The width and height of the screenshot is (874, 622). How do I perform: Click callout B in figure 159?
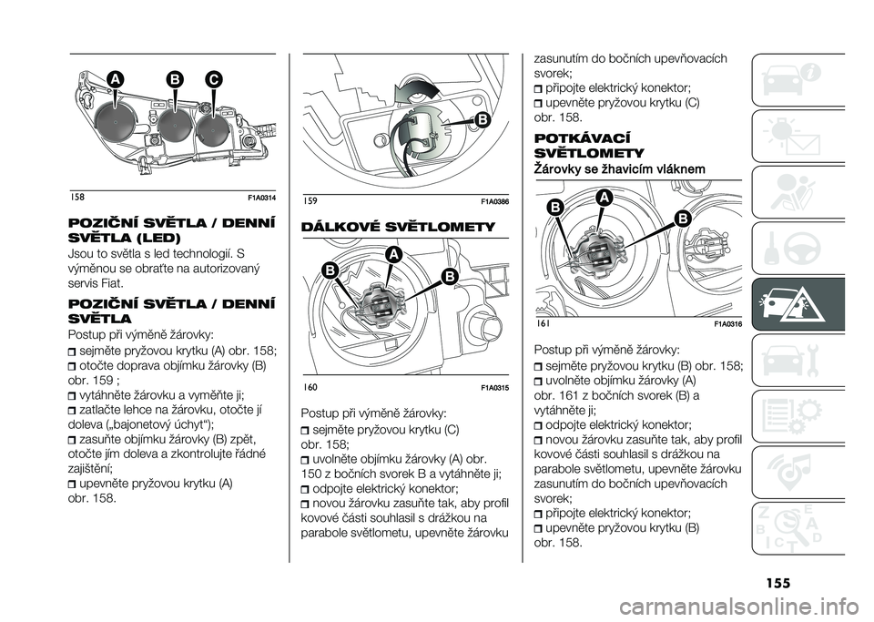tap(479, 120)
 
